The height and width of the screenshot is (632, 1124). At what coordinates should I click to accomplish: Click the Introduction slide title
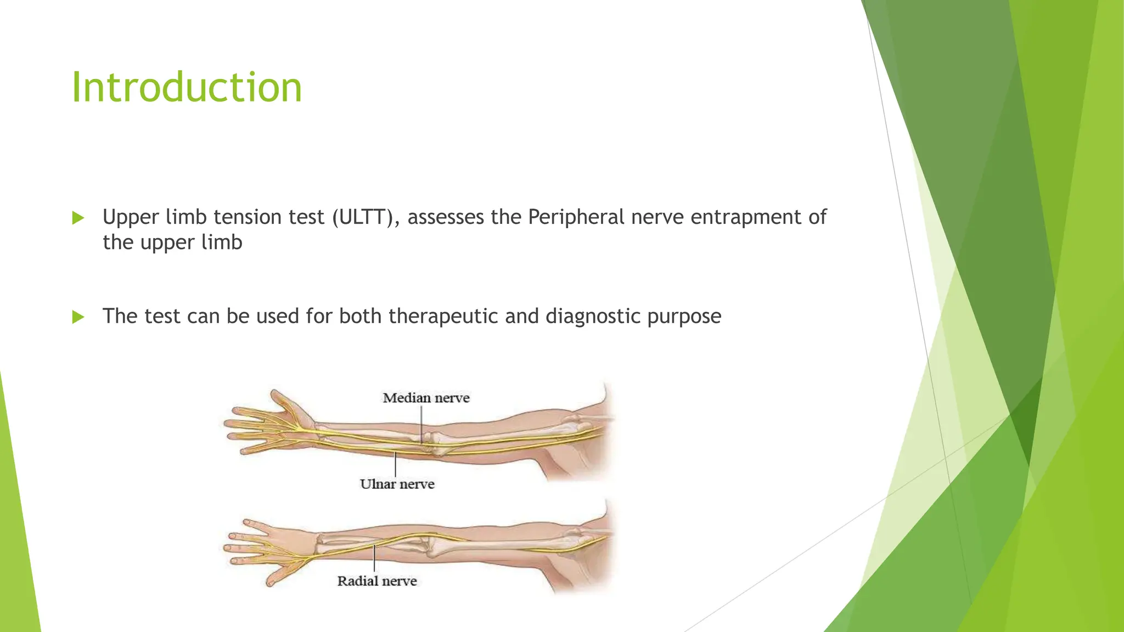click(x=187, y=88)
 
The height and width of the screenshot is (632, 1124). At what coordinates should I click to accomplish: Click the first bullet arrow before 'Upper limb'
click(x=78, y=218)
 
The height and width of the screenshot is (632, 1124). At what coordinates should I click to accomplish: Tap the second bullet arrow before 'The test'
click(x=78, y=317)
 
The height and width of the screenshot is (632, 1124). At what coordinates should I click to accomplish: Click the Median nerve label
click(x=426, y=398)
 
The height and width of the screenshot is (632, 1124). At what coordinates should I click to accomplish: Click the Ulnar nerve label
click(x=397, y=484)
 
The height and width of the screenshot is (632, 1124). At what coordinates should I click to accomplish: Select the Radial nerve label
click(x=377, y=581)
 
